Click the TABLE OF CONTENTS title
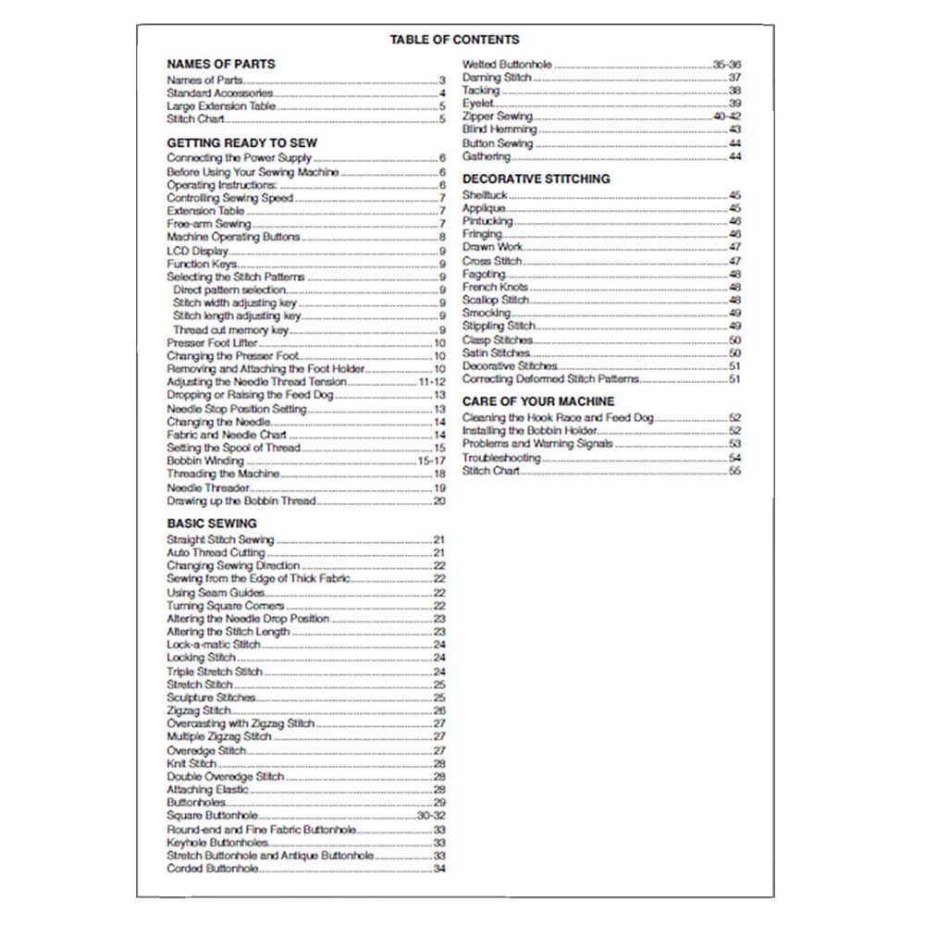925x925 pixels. click(x=454, y=40)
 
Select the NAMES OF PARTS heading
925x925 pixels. click(x=220, y=65)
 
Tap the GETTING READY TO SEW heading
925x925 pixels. click(x=241, y=143)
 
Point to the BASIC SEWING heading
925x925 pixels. click(x=212, y=524)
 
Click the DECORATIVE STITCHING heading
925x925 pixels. click(x=536, y=179)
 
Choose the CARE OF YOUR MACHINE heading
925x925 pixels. click(x=537, y=401)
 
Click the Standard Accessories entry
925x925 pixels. click(x=219, y=93)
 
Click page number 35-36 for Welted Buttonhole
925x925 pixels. click(x=727, y=65)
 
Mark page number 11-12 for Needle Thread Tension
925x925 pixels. click(x=432, y=382)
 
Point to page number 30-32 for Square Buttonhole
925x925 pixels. click(x=432, y=816)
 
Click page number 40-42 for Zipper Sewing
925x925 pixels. click(x=727, y=117)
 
